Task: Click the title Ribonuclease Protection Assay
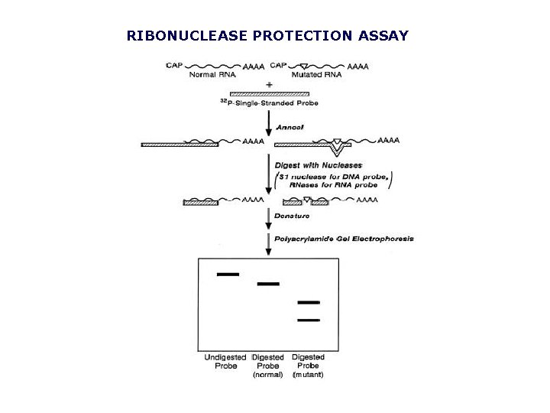tap(267, 36)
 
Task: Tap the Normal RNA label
tap(217, 75)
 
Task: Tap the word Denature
tap(291, 218)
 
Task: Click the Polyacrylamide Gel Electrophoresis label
tap(345, 239)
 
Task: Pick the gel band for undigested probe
tap(228, 274)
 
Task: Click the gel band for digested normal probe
tap(268, 284)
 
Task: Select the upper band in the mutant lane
tap(308, 303)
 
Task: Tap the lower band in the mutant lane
tap(308, 320)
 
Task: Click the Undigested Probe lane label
tap(225, 361)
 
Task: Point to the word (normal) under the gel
tap(267, 375)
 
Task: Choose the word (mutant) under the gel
tap(308, 375)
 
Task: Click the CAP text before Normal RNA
tap(174, 66)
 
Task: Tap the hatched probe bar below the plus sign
tap(269, 93)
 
